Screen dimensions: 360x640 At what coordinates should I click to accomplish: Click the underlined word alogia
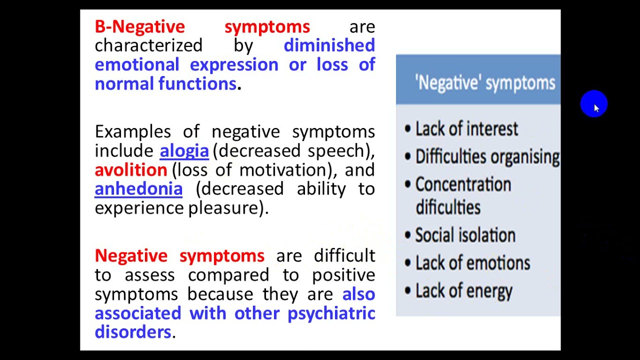(x=184, y=151)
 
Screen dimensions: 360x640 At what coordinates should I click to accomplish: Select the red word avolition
(x=130, y=170)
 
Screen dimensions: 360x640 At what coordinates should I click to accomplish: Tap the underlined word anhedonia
(x=138, y=189)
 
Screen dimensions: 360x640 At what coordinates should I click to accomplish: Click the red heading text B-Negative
(x=139, y=26)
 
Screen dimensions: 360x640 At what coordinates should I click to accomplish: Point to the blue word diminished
(x=329, y=45)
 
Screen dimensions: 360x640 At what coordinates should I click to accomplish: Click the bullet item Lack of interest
(x=466, y=129)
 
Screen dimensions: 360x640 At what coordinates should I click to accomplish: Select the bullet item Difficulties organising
(x=487, y=157)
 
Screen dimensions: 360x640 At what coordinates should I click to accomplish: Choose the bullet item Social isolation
(x=465, y=235)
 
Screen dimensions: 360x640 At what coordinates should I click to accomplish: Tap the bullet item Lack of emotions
(x=472, y=263)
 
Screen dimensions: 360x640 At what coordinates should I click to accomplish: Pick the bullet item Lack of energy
(x=463, y=291)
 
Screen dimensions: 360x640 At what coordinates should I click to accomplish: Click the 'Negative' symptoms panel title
(x=485, y=83)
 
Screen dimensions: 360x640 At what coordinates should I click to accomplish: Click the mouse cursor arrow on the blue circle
(x=595, y=107)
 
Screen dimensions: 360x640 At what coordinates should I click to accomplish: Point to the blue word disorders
(x=132, y=332)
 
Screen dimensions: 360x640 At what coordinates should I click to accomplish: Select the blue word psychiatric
(x=331, y=313)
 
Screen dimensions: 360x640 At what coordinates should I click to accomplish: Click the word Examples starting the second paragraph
(x=132, y=132)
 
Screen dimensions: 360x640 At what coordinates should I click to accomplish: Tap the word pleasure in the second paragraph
(x=224, y=208)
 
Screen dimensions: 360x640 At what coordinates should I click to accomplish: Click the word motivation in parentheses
(x=283, y=170)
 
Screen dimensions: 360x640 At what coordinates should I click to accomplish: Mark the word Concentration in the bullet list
(x=463, y=184)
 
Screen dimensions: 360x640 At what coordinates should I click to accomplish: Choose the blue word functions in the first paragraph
(x=197, y=83)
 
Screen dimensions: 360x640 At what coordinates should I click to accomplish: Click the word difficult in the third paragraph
(x=344, y=256)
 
